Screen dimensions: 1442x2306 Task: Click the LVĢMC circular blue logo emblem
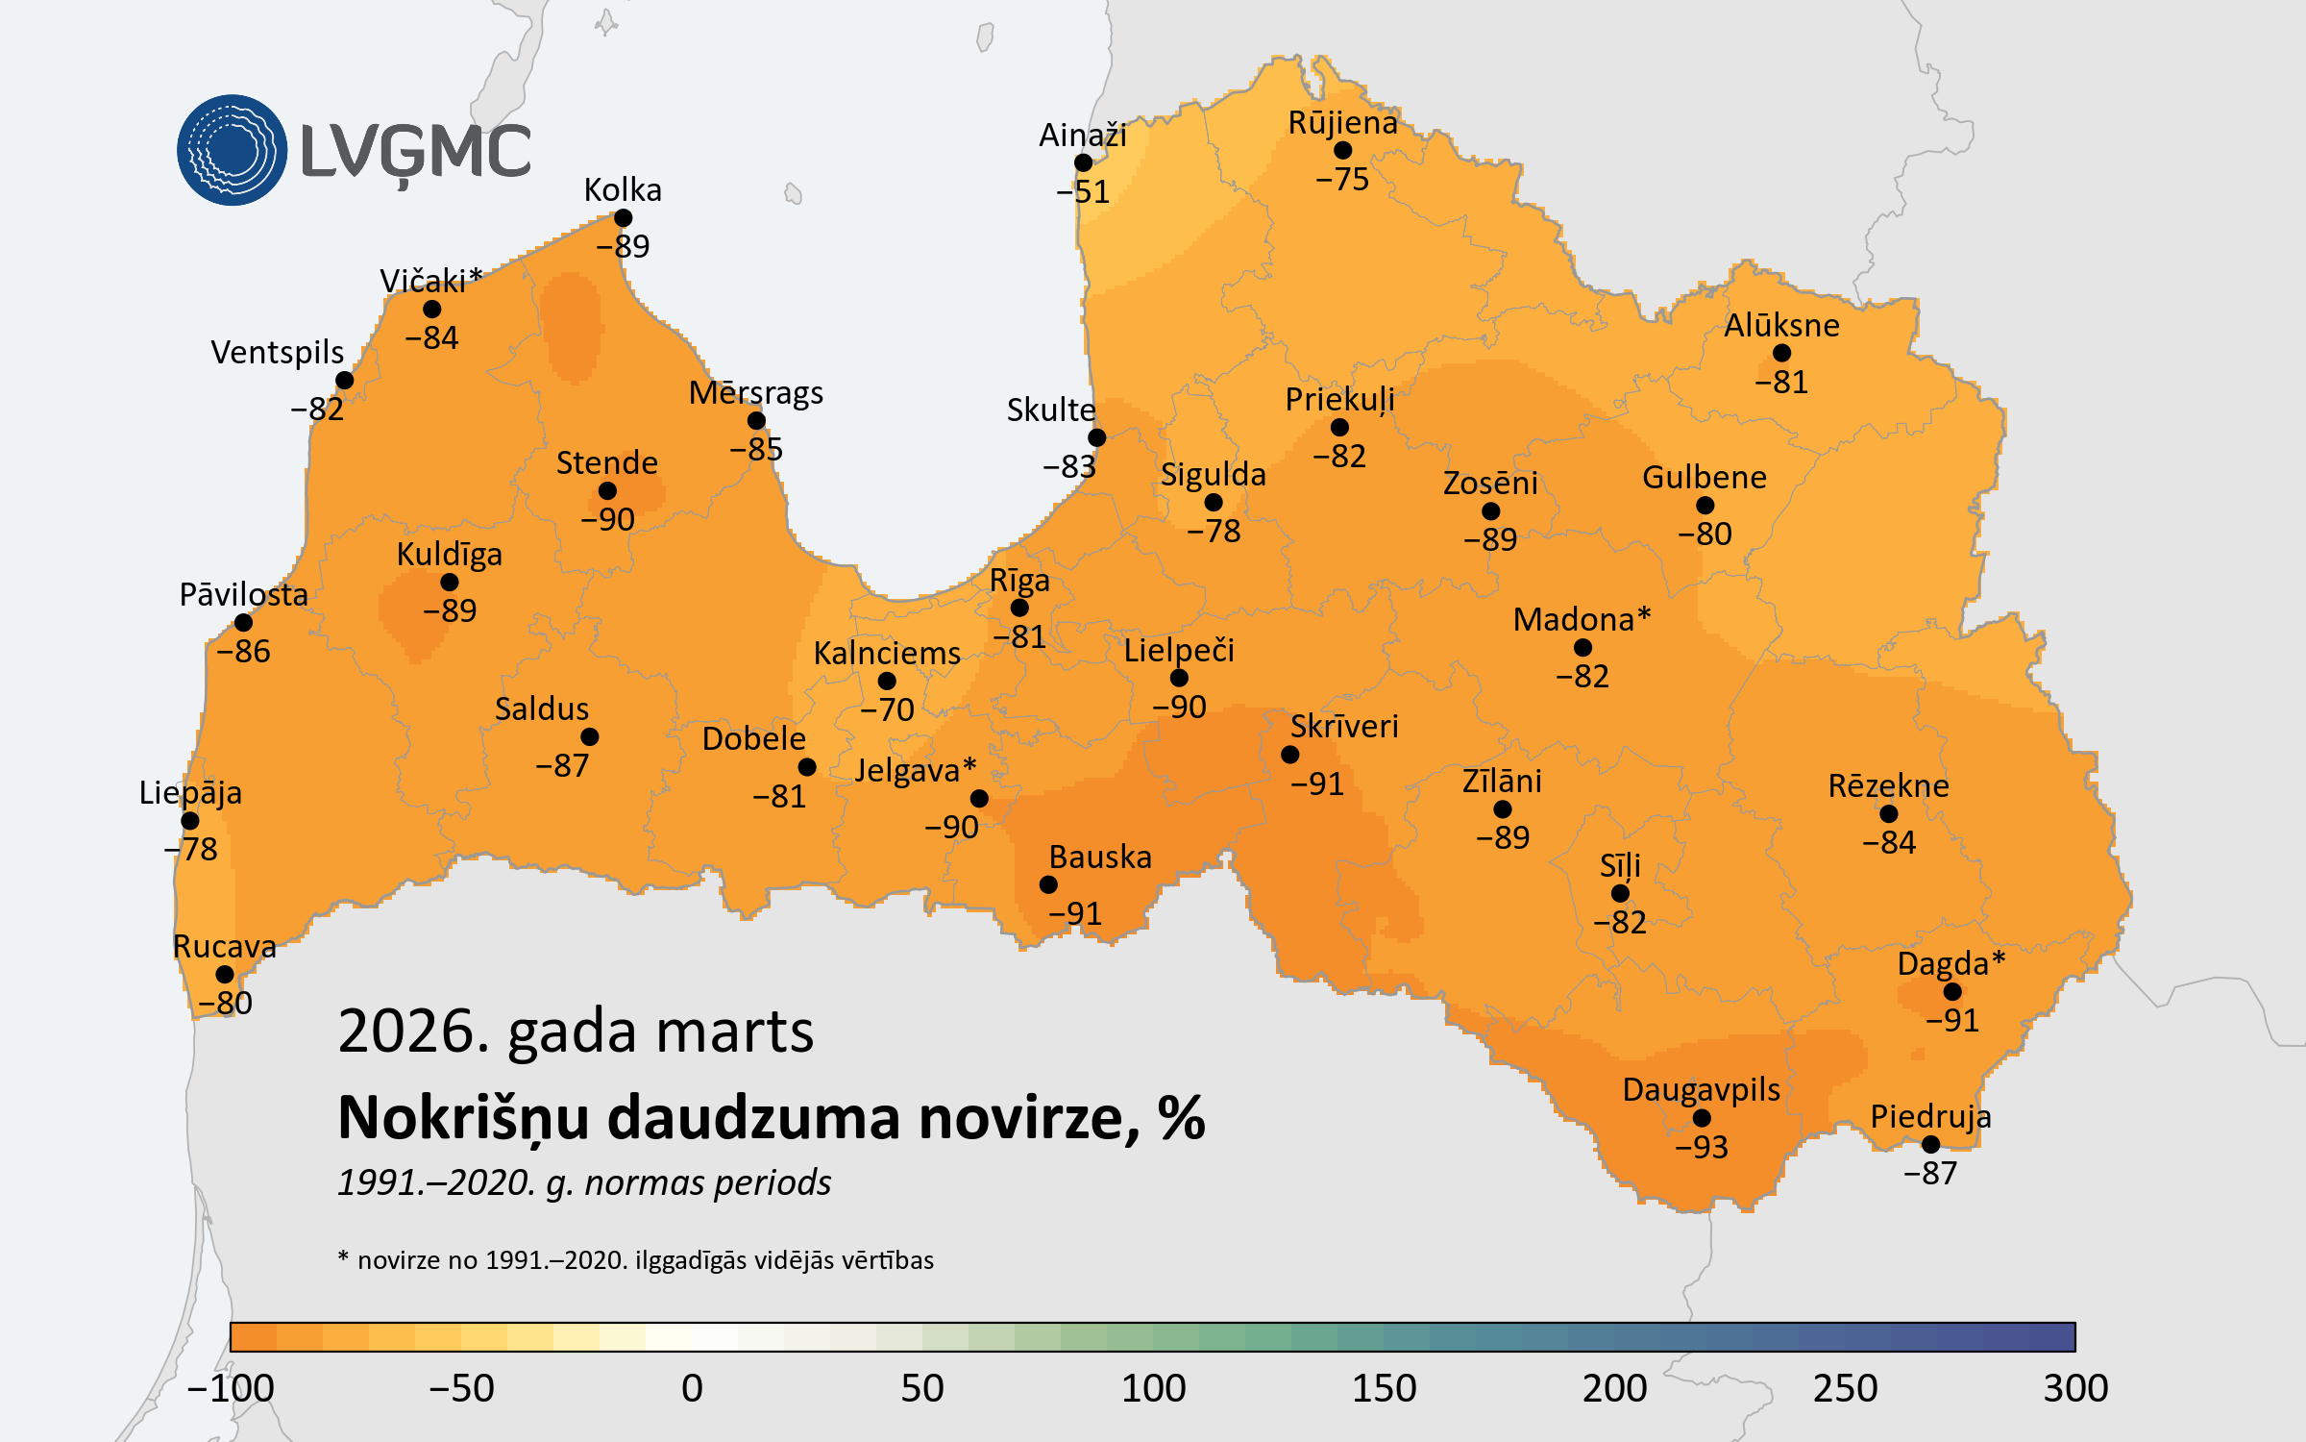tap(232, 150)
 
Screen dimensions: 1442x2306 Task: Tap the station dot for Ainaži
tap(1083, 162)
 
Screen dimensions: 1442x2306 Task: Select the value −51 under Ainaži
tap(1083, 192)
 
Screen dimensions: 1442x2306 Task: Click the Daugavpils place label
tap(1701, 1089)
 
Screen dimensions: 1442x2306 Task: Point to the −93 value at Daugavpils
tap(1701, 1147)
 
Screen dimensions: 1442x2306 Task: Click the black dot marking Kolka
tap(623, 218)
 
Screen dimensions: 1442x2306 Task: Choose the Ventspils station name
tap(277, 352)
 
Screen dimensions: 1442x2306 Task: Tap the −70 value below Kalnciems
tap(887, 709)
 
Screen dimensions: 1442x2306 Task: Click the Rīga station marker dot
tap(1019, 608)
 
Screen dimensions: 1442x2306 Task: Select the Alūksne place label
tap(1781, 325)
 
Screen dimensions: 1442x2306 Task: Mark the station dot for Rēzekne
tap(1888, 814)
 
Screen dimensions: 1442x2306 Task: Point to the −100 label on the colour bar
tap(231, 1388)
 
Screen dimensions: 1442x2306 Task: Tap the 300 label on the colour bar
tap(2075, 1388)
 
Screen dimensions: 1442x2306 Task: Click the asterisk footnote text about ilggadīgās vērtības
tap(636, 1260)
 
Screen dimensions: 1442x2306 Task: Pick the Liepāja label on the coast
tap(190, 792)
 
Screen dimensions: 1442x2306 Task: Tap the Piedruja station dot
tap(1930, 1144)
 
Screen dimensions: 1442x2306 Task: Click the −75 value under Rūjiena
tap(1342, 179)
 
